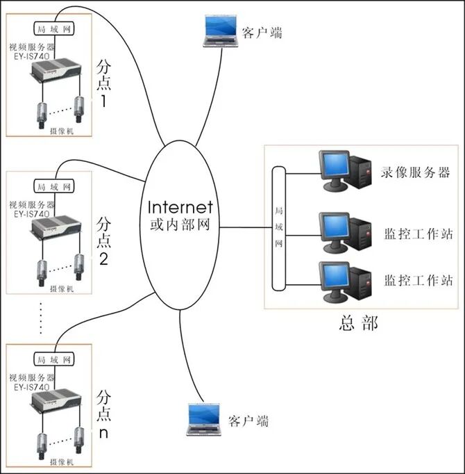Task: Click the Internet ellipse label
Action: pyautogui.click(x=180, y=207)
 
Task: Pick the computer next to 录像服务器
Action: pyautogui.click(x=344, y=172)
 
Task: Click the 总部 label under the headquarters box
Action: pyautogui.click(x=360, y=324)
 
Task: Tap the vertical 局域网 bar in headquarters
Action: pyautogui.click(x=279, y=227)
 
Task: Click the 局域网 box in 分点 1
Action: pyautogui.click(x=53, y=29)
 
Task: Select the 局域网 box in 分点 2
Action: pyautogui.click(x=53, y=187)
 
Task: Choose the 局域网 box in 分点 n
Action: pyautogui.click(x=53, y=359)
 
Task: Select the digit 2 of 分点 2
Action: pyautogui.click(x=103, y=261)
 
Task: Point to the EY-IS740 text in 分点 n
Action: pyautogui.click(x=32, y=386)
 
